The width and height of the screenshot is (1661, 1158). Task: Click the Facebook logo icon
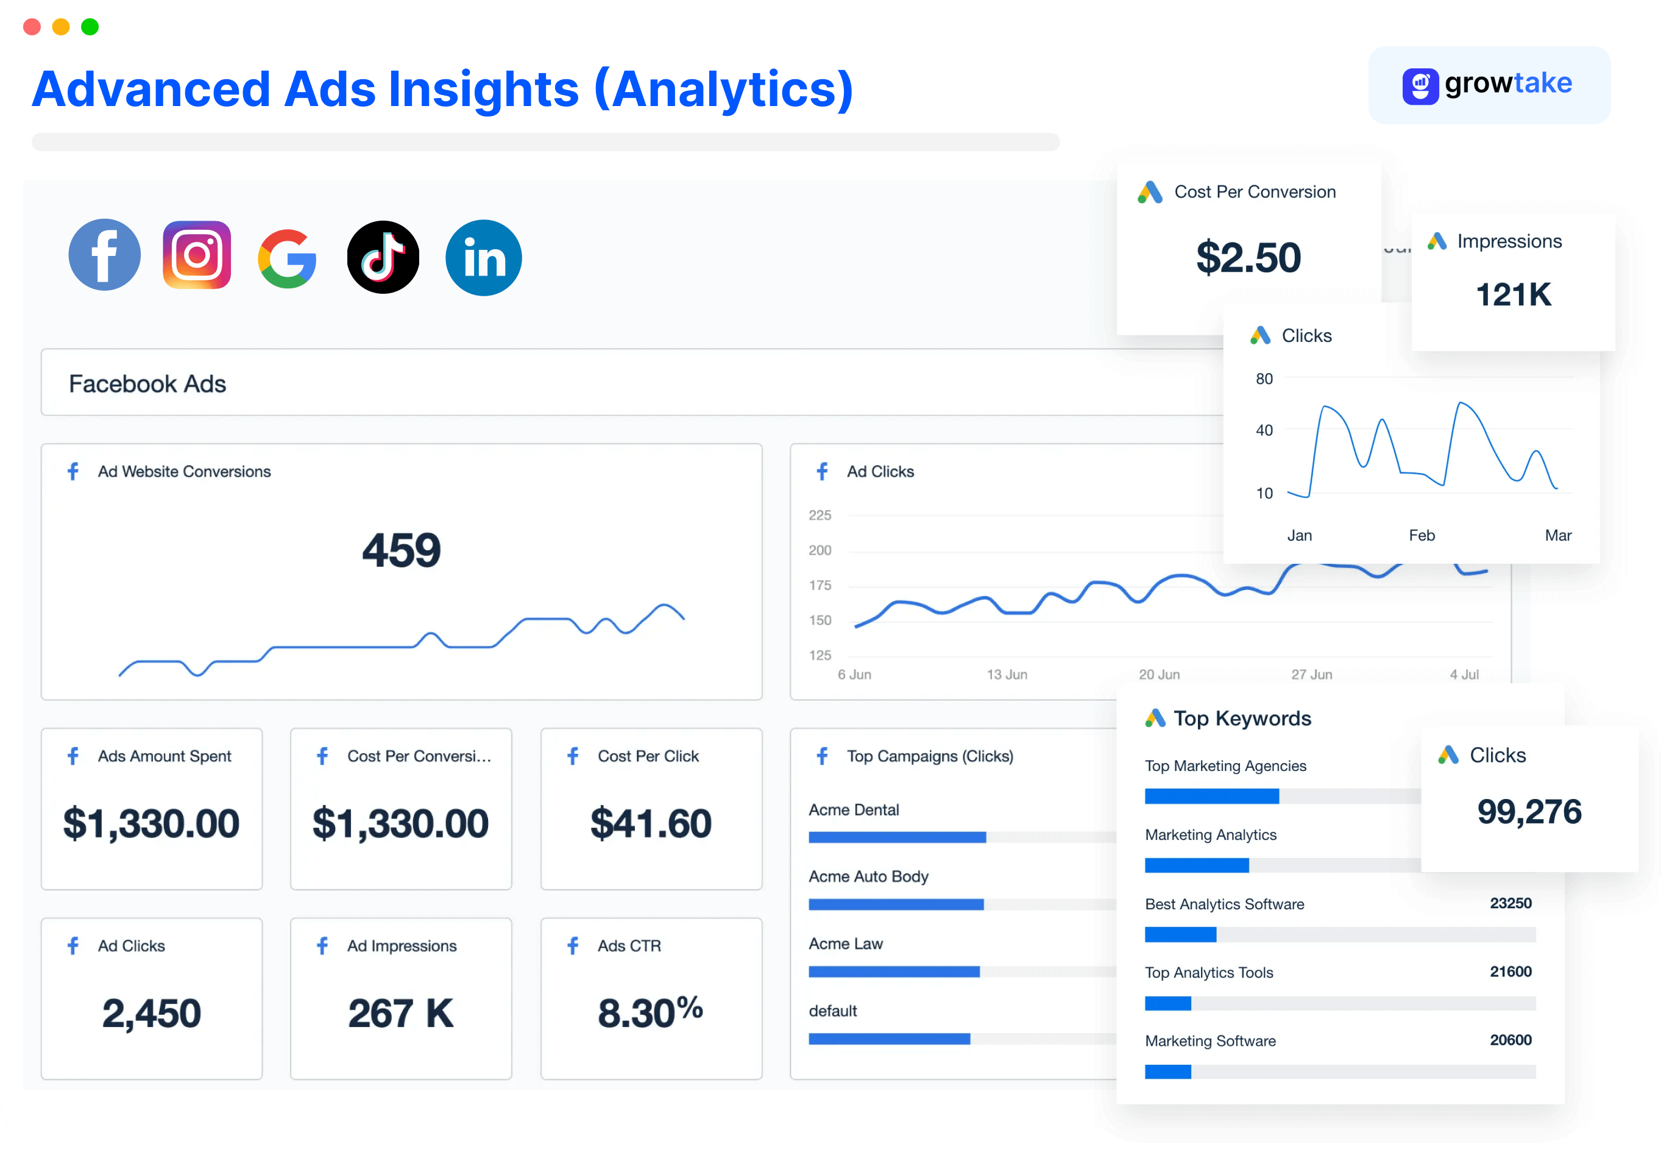(x=105, y=255)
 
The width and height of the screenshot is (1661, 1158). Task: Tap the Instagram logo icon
(x=197, y=255)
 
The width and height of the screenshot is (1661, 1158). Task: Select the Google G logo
(x=287, y=258)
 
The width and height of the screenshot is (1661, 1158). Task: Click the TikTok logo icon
(x=383, y=257)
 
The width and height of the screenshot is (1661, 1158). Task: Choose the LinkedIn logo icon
(x=483, y=258)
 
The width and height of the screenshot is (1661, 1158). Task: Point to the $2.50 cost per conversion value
(x=1248, y=258)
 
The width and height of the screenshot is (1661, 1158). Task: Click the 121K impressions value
(x=1513, y=294)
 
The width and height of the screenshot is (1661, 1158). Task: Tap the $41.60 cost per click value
(x=651, y=823)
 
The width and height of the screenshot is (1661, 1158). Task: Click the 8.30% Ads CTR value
(x=650, y=1012)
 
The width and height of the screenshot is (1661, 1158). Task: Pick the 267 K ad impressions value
(x=401, y=1012)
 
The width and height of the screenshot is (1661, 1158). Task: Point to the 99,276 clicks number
(x=1529, y=811)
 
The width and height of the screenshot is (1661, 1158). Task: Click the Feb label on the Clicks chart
(x=1422, y=536)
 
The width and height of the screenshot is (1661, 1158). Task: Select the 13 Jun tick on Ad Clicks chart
(x=1007, y=675)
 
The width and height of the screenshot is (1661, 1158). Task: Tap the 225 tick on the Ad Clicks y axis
(x=820, y=516)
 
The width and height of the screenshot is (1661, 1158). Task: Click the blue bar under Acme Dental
(x=897, y=837)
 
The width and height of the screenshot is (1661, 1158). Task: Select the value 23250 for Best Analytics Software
(x=1510, y=903)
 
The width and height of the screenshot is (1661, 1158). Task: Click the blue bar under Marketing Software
(x=1167, y=1071)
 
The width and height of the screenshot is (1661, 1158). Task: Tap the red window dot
(x=32, y=27)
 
